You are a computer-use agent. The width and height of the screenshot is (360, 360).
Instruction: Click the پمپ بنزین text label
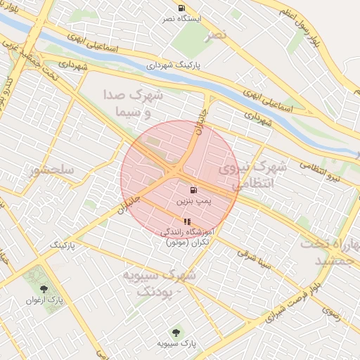coord(193,201)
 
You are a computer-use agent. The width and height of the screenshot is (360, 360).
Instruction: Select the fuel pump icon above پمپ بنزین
coord(193,190)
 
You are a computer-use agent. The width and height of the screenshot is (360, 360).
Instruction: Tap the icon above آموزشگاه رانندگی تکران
coord(186,222)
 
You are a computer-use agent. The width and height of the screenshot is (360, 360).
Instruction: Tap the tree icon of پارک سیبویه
coord(175,332)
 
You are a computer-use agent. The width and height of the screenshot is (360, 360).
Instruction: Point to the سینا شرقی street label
coord(255,259)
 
